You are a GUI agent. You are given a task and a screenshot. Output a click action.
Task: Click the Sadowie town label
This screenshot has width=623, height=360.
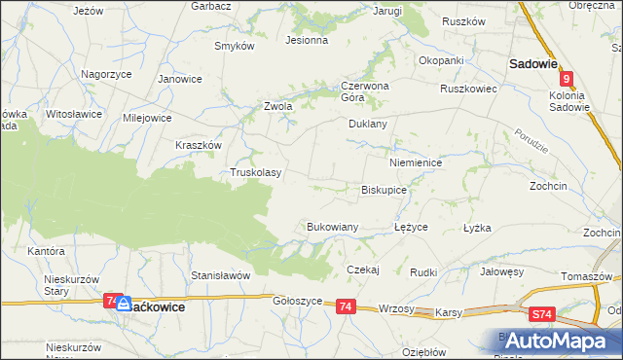click(x=532, y=64)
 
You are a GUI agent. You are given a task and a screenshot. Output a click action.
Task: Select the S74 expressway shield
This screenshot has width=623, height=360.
click(x=543, y=314)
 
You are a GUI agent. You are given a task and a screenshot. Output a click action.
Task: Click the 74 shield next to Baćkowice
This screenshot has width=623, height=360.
click(x=112, y=301)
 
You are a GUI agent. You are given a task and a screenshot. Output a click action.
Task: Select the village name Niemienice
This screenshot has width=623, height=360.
click(x=415, y=163)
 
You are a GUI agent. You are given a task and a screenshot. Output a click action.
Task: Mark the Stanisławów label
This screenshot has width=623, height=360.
click(x=221, y=275)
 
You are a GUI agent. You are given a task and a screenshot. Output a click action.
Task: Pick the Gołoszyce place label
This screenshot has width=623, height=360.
click(x=297, y=302)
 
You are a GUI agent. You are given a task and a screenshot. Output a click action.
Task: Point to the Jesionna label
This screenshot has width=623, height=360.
click(x=306, y=41)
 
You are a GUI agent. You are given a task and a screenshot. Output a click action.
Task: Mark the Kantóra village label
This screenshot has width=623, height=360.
click(x=46, y=251)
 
